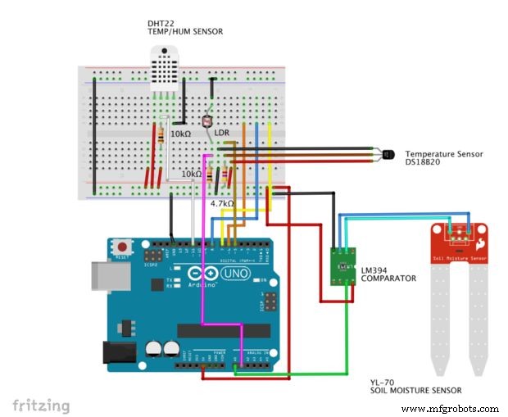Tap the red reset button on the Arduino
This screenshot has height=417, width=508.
click(124, 247)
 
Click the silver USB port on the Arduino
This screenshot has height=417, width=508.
click(103, 278)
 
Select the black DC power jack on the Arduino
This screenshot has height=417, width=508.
click(114, 351)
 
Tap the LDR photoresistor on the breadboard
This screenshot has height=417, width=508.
click(206, 122)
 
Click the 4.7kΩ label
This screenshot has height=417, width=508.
click(222, 203)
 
